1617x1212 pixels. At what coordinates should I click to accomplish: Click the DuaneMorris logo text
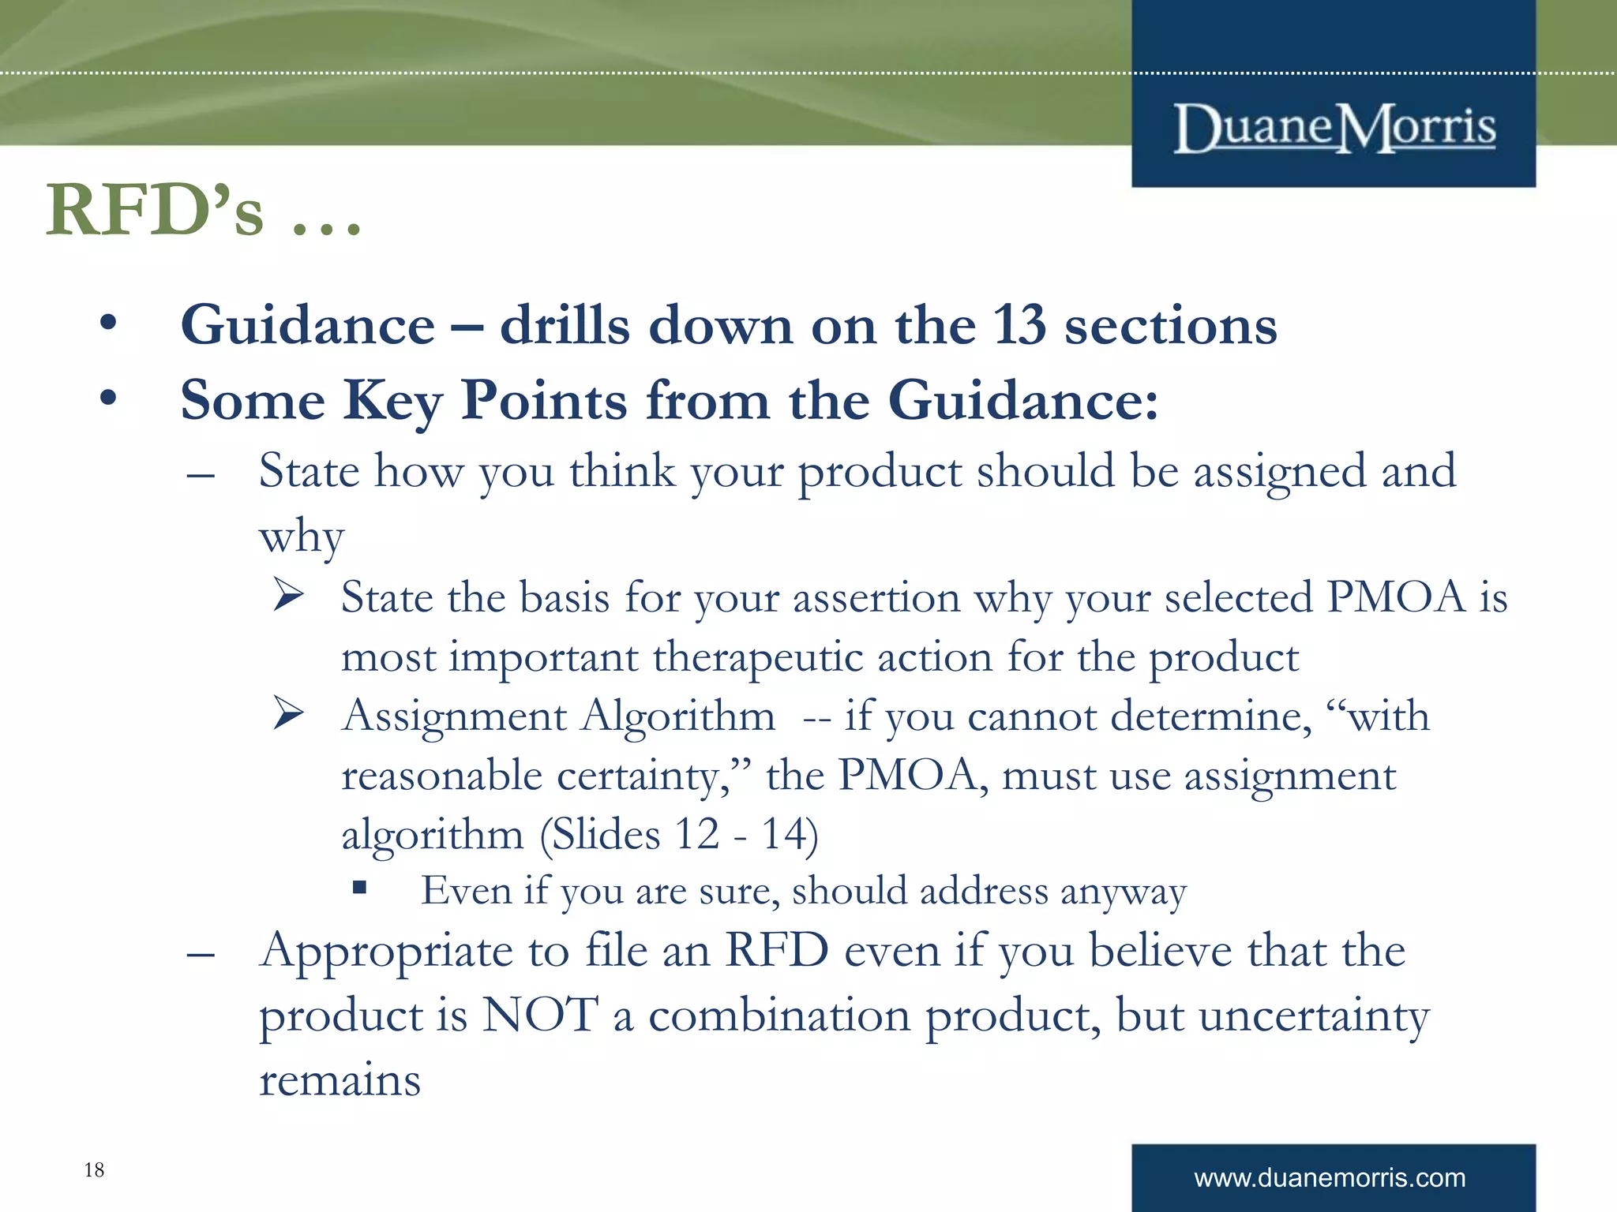(1334, 129)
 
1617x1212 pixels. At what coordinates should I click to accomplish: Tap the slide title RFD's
(155, 211)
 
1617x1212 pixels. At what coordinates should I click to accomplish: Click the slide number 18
(94, 1169)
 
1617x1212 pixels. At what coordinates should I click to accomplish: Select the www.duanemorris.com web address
(1330, 1178)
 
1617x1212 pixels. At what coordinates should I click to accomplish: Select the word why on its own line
(302, 538)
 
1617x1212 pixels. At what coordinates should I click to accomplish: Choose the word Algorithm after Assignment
(678, 716)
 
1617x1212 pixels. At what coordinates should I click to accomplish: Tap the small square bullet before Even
(360, 888)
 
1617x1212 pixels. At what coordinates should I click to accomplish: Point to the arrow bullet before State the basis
(289, 595)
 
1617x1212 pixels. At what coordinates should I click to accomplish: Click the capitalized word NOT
(540, 1015)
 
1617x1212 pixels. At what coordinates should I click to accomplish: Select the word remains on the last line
(340, 1080)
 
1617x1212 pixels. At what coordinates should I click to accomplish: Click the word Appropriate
(386, 952)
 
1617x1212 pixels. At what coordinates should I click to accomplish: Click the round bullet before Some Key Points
(108, 398)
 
